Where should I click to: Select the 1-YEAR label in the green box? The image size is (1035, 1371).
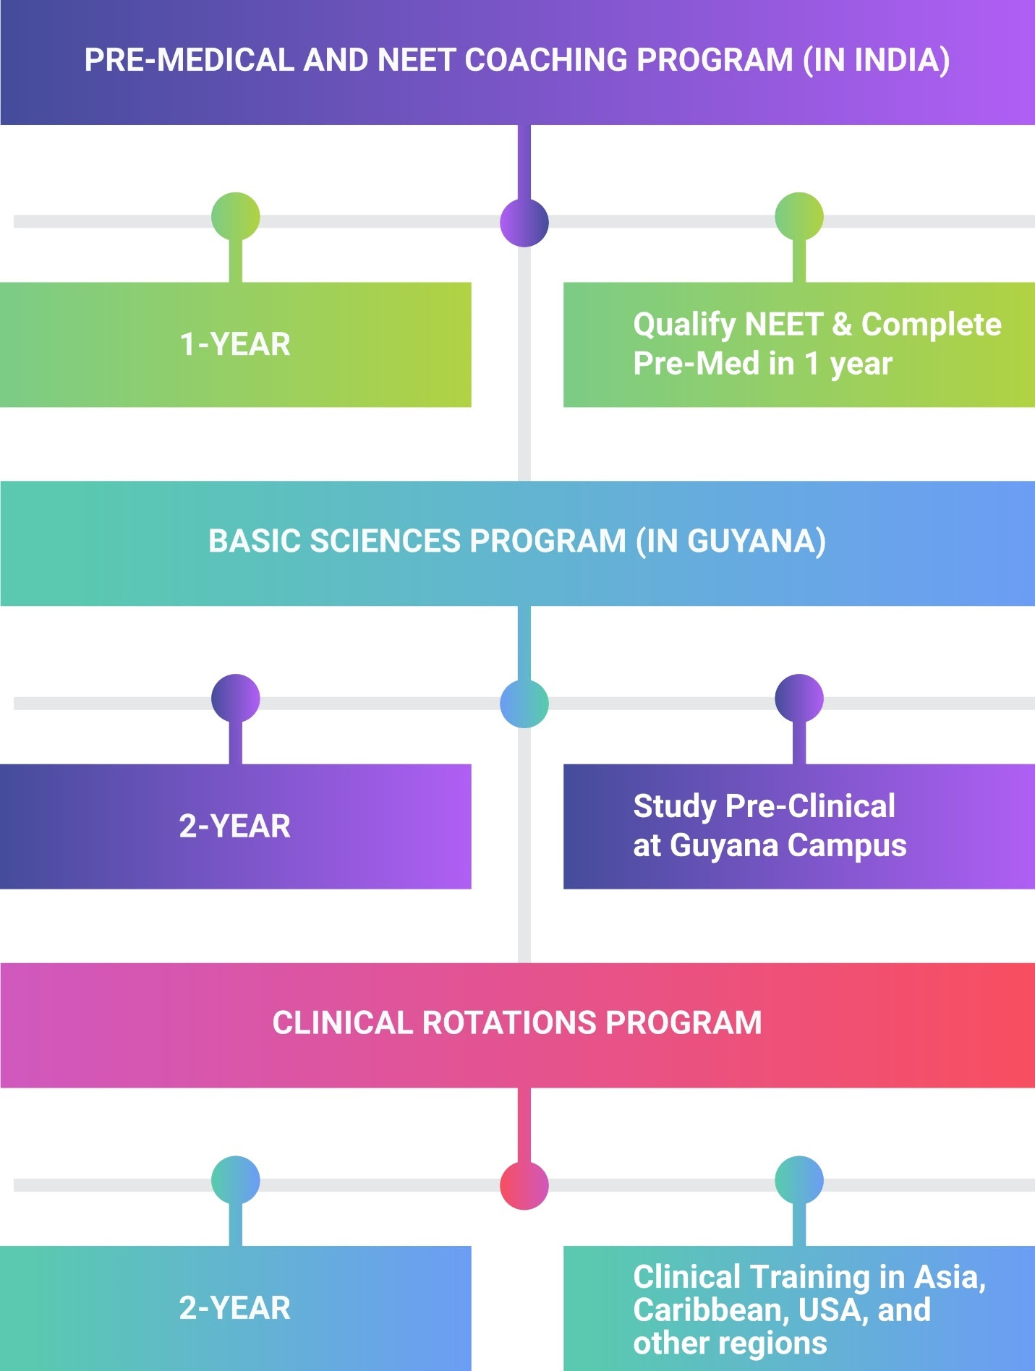click(x=235, y=344)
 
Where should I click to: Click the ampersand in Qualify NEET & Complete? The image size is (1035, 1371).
click(x=842, y=325)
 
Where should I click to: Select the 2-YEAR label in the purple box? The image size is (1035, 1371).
click(x=235, y=826)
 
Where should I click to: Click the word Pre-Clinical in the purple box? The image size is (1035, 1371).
click(x=810, y=806)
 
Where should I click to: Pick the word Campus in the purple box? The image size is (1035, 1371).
click(x=847, y=845)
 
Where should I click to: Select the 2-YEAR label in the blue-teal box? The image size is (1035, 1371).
click(x=235, y=1308)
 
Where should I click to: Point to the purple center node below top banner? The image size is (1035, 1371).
click(x=524, y=222)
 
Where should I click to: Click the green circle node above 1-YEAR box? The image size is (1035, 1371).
click(x=236, y=216)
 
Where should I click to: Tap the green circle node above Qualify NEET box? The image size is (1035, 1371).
click(x=799, y=216)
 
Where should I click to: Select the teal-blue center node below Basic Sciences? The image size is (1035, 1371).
click(x=524, y=704)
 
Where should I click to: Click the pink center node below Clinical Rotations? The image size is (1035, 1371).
click(x=524, y=1185)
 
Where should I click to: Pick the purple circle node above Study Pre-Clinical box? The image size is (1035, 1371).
click(x=799, y=698)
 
